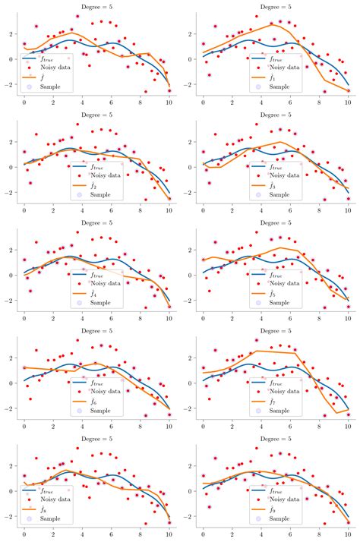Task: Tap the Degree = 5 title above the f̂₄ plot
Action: (x=96, y=224)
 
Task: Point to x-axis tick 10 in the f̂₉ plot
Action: (x=349, y=534)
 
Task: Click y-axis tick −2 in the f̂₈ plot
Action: (x=11, y=516)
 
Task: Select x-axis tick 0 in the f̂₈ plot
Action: (x=24, y=534)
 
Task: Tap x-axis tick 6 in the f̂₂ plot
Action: (x=112, y=210)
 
